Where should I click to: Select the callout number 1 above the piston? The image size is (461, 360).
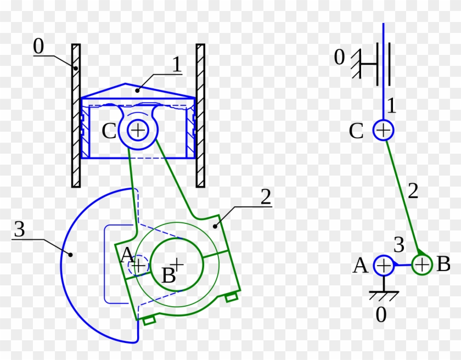[x=176, y=65]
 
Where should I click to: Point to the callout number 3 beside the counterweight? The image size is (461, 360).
[x=19, y=230]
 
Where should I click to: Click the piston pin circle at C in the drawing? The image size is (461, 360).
[x=138, y=130]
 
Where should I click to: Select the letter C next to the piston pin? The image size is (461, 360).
[x=109, y=131]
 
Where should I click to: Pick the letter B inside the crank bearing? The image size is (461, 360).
[x=168, y=275]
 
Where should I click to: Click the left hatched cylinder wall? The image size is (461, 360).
[x=76, y=115]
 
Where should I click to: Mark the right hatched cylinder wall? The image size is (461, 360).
[x=200, y=115]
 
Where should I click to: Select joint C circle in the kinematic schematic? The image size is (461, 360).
[x=383, y=131]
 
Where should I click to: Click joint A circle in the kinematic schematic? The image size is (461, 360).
[x=383, y=266]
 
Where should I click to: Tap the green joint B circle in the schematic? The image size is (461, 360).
[x=421, y=265]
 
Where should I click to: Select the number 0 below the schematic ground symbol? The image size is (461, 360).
[x=381, y=316]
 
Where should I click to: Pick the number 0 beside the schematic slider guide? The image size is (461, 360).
[x=340, y=57]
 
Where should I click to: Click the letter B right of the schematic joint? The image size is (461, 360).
[x=443, y=265]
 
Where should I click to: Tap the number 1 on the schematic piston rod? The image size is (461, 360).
[x=391, y=104]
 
